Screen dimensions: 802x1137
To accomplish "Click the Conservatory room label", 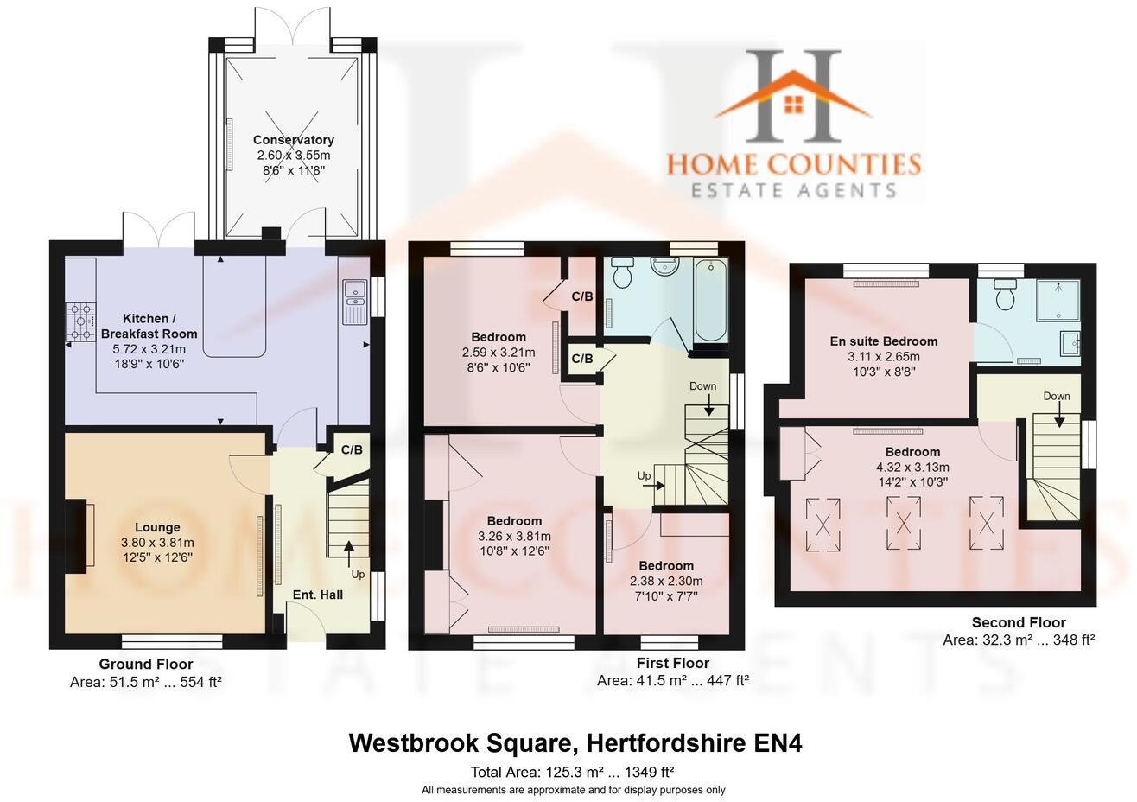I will click(293, 140).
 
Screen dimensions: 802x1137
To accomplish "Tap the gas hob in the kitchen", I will click(82, 321).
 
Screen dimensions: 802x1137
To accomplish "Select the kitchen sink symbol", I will click(355, 302).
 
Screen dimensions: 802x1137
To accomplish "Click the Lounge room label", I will click(157, 527).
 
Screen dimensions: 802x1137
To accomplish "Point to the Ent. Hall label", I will click(317, 595).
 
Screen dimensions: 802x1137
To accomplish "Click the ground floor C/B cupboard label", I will click(352, 449).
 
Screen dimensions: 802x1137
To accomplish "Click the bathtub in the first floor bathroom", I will click(711, 300).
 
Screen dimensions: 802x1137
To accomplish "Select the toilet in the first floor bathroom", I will click(621, 275).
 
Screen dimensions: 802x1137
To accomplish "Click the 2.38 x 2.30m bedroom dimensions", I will click(666, 581).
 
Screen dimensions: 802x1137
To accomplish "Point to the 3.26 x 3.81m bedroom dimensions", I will click(514, 536).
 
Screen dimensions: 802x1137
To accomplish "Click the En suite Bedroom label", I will click(883, 341).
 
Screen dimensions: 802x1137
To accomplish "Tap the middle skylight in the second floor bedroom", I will click(904, 524).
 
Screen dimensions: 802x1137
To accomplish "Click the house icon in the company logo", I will click(793, 103).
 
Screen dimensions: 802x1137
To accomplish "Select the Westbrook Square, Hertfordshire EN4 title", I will click(575, 743).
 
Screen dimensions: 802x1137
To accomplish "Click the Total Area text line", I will click(572, 772).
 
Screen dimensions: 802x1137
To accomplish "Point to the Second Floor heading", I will click(1019, 622).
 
